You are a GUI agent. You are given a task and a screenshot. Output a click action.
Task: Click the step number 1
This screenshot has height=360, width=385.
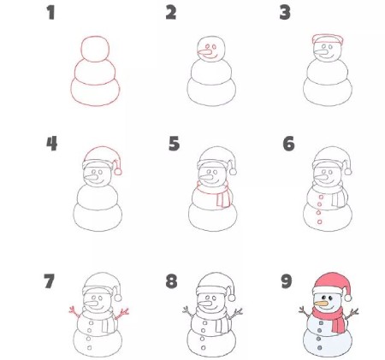[x=51, y=13]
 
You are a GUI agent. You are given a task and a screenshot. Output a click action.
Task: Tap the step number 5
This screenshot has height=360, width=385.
[x=174, y=144]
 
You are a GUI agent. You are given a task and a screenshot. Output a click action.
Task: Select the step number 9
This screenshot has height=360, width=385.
[x=287, y=281]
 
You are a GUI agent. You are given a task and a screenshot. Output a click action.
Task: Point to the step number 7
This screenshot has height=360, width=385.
[x=49, y=281]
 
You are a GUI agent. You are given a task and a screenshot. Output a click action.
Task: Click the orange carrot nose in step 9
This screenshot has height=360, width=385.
[x=320, y=304]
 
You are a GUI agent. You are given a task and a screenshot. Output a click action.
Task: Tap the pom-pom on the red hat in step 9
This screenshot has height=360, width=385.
[x=347, y=298]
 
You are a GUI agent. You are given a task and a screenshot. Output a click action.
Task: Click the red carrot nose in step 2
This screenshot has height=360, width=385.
[x=204, y=53]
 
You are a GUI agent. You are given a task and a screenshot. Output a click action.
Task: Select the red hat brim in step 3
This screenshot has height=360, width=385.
[x=328, y=39]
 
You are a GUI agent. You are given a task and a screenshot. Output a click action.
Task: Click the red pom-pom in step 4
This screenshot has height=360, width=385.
[x=118, y=172]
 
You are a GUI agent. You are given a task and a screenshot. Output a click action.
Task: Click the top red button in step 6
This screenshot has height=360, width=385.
[x=321, y=198]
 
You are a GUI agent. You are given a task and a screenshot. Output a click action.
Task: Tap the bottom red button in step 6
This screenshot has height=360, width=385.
[x=320, y=221]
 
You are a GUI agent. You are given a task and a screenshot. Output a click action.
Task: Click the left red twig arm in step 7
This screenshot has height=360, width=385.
[x=74, y=312]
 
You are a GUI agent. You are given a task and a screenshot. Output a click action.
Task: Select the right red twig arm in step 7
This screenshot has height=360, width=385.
[x=121, y=313]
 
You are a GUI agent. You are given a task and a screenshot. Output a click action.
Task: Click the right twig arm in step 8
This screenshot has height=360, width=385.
[x=235, y=313]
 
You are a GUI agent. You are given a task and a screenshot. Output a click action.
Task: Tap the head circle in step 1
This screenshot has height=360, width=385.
[x=95, y=49]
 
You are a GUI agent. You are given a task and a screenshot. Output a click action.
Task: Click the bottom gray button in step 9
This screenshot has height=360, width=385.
[x=320, y=348]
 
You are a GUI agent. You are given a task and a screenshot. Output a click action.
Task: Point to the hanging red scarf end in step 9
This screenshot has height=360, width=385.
[x=338, y=324]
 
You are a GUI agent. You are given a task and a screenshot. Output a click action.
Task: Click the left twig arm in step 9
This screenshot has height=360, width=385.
[x=305, y=312]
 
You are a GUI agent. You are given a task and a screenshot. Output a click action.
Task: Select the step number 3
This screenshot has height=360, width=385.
[x=285, y=13]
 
